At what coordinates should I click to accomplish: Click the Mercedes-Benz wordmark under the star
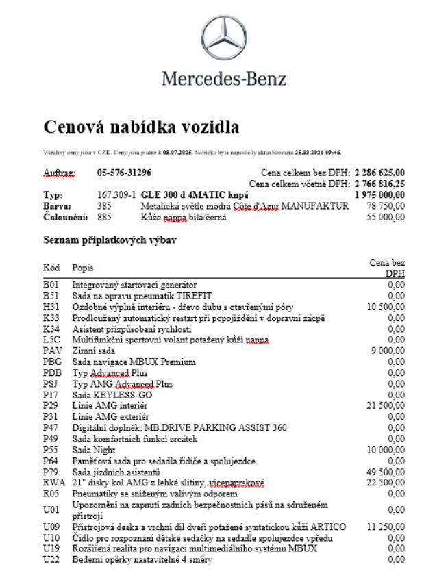[224, 79]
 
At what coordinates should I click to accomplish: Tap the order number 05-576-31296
[124, 173]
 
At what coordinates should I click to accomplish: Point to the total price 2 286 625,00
[379, 173]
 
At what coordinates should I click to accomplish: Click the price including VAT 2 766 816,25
[379, 184]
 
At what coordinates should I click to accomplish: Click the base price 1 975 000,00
[379, 195]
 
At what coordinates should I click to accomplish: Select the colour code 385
[104, 205]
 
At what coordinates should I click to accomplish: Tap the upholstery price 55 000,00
[386, 217]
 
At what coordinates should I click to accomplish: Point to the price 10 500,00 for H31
[386, 307]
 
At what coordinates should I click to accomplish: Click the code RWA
[53, 483]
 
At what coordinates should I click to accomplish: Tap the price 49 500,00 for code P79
[386, 472]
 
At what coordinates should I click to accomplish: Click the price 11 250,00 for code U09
[386, 527]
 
